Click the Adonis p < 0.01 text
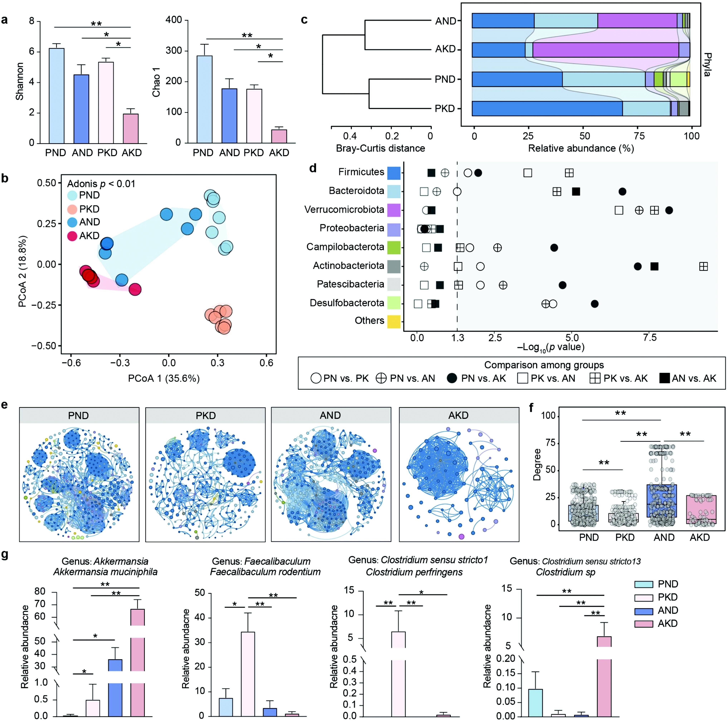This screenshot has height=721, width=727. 101,184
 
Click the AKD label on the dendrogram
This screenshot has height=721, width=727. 445,49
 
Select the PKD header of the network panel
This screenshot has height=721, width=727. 205,416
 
